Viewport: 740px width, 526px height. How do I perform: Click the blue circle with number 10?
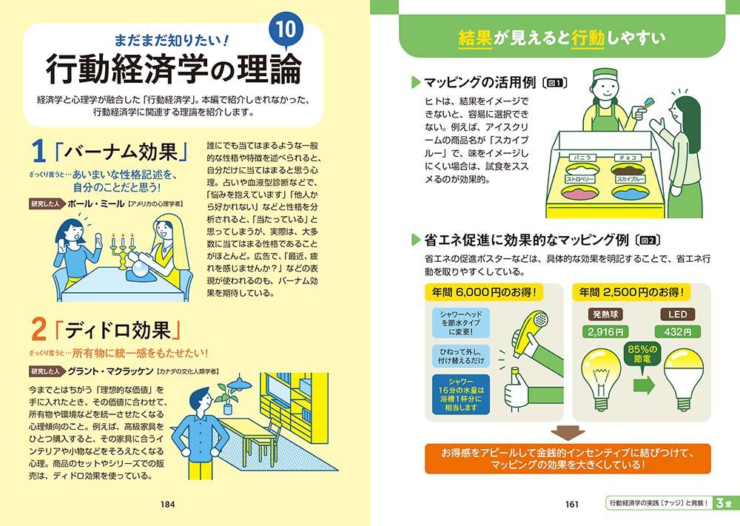click(x=286, y=30)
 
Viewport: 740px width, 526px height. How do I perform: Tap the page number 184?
click(x=167, y=505)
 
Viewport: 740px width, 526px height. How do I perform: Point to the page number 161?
click(x=571, y=505)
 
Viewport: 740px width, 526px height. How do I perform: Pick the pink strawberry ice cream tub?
click(x=581, y=192)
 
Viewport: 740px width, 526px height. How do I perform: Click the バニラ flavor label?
click(x=583, y=158)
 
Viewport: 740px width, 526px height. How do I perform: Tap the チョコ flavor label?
click(x=628, y=158)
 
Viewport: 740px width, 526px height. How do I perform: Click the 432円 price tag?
click(x=677, y=331)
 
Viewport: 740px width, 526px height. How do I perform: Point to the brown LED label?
click(x=677, y=314)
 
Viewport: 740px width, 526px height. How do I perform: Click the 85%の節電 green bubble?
click(x=642, y=354)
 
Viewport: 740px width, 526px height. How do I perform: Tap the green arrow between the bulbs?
click(x=645, y=385)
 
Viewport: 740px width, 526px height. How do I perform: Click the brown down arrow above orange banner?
click(x=568, y=433)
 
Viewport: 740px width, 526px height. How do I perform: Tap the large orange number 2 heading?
click(x=38, y=329)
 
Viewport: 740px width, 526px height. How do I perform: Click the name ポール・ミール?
click(x=95, y=203)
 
